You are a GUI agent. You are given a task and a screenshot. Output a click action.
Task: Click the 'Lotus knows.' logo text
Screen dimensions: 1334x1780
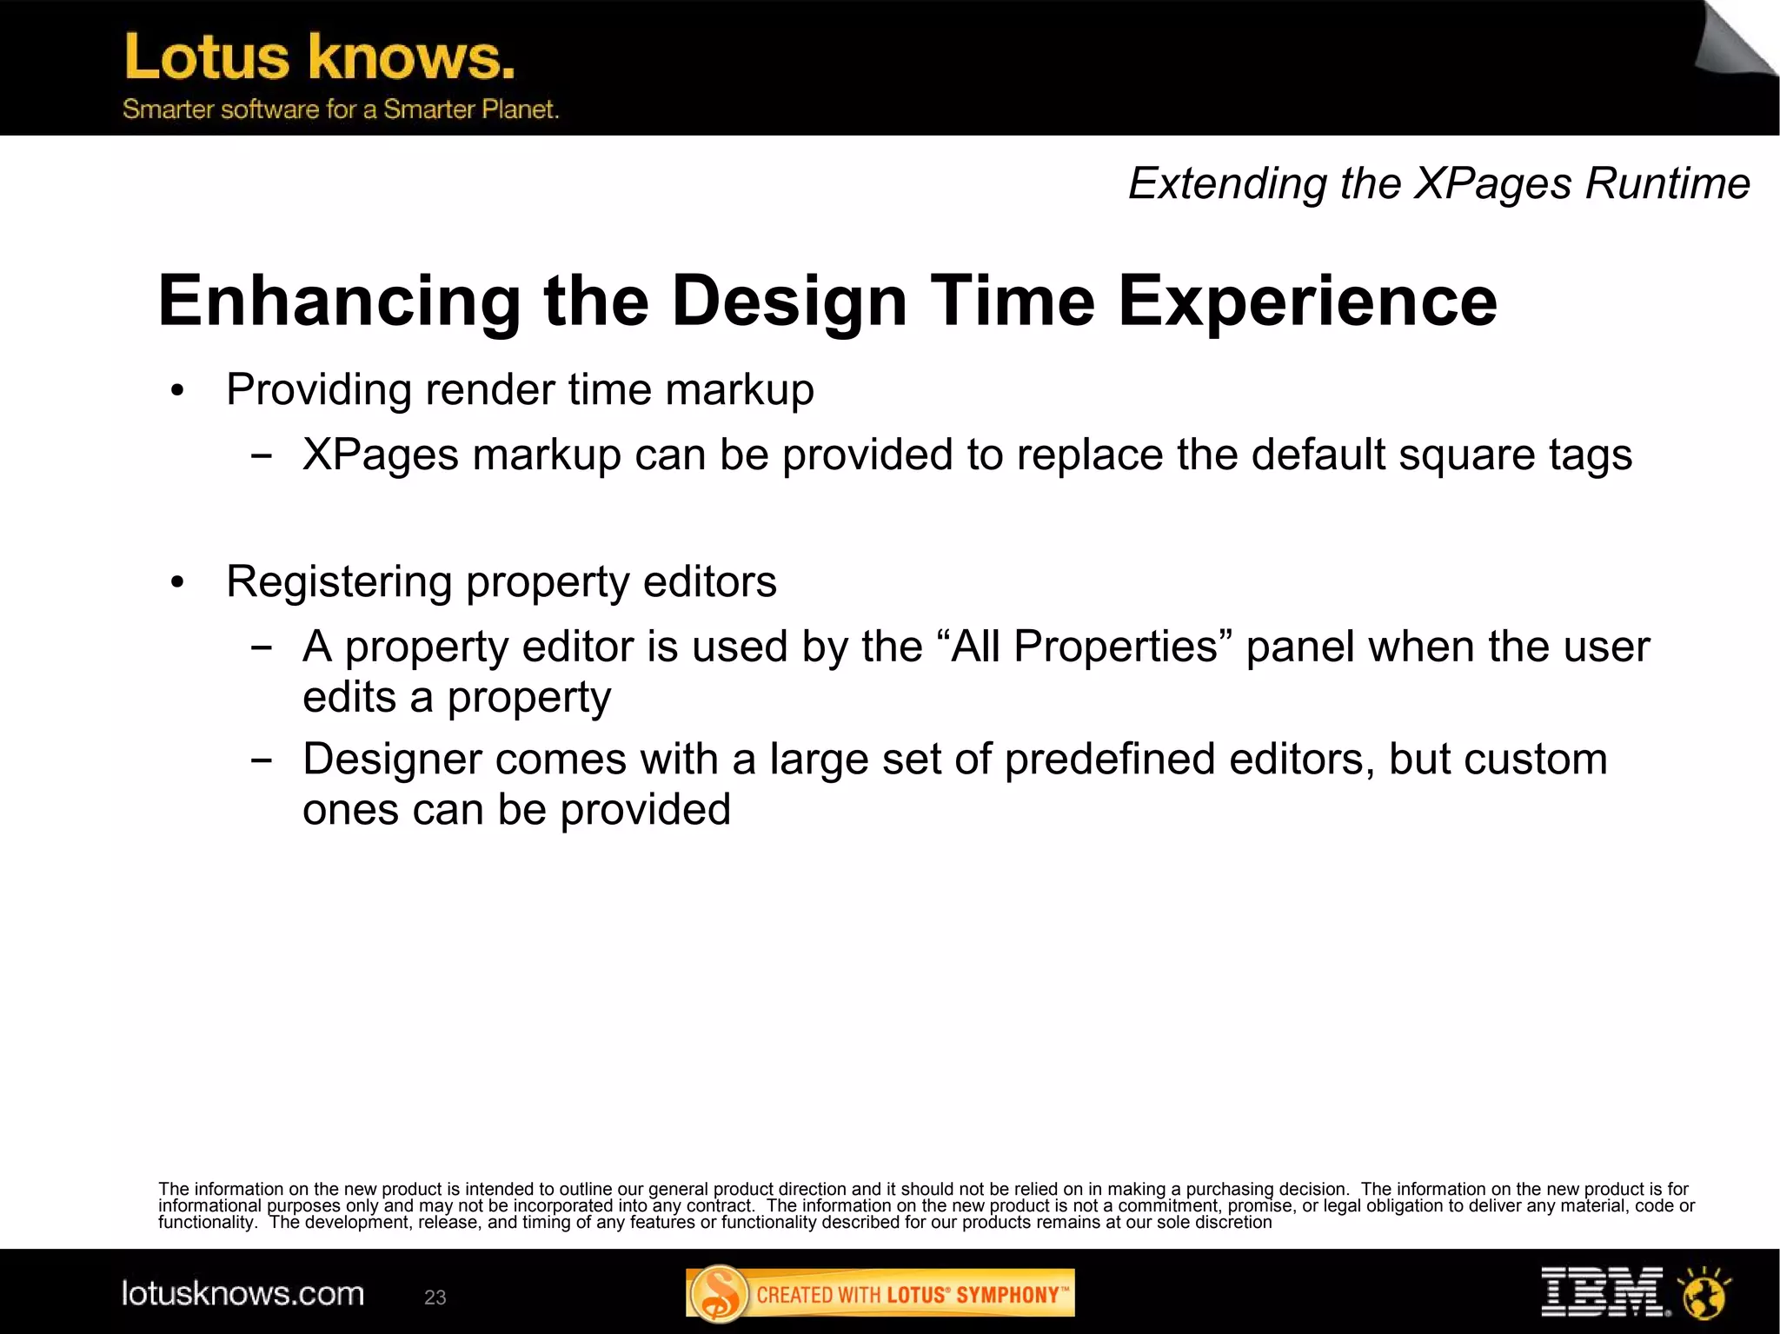point(319,57)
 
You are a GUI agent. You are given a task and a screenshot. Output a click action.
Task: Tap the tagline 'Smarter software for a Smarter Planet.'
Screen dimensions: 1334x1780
point(340,110)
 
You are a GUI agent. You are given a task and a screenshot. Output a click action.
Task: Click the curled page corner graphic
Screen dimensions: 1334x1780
point(1735,39)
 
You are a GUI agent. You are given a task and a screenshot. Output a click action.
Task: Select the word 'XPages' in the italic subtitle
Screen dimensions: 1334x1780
point(1493,184)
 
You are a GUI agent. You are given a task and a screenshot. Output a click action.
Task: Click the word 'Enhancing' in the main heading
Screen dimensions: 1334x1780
point(339,301)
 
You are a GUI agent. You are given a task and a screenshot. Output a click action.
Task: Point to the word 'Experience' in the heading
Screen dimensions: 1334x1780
point(1307,301)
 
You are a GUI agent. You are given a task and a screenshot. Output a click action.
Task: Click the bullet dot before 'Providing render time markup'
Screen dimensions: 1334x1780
point(178,391)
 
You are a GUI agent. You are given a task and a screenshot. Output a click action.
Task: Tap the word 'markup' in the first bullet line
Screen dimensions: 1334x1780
point(739,389)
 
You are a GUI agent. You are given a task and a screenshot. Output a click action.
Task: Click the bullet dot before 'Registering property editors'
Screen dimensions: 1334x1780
point(178,583)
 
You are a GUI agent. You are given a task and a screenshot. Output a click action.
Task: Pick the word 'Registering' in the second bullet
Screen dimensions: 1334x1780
point(339,581)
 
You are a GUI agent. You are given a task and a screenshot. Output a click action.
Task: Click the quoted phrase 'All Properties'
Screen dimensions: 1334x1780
point(1085,647)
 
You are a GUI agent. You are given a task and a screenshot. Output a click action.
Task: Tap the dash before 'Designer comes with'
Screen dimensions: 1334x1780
point(260,760)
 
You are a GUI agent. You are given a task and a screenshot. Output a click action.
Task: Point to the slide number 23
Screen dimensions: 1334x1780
point(435,1297)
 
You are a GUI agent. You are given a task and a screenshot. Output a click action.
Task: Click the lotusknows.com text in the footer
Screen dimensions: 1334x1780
point(242,1294)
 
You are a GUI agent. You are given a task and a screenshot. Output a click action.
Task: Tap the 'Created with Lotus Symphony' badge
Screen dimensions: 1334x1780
point(880,1294)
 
